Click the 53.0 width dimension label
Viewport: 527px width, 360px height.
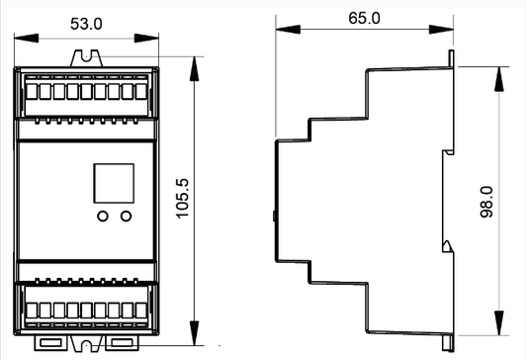coord(86,24)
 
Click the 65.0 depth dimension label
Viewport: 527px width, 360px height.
coord(364,18)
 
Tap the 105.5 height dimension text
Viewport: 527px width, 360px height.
coord(183,199)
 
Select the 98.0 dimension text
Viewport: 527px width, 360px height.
coord(486,202)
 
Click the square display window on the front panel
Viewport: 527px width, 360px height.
coord(114,183)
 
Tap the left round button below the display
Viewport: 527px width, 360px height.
coord(103,216)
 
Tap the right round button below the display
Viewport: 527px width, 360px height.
coord(126,216)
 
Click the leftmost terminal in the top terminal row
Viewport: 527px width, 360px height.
coord(32,91)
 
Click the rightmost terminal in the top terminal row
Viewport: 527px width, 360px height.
coord(141,91)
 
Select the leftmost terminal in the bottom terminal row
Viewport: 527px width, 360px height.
coord(32,311)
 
